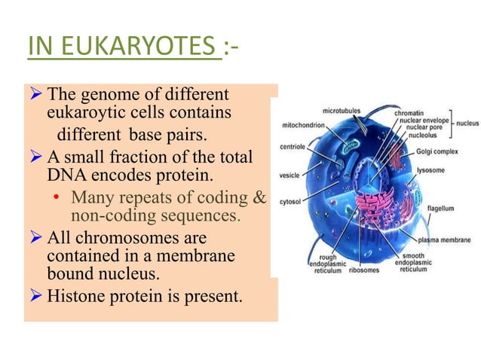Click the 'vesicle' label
point(290,175)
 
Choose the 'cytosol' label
point(290,202)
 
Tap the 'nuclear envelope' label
point(424,120)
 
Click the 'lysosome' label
point(431,170)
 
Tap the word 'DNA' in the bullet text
point(63,177)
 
